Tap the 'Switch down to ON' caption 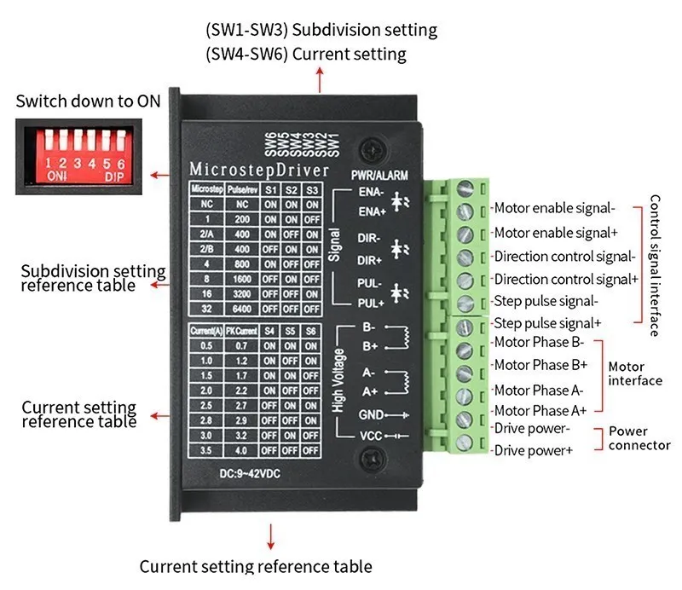pyautogui.click(x=88, y=101)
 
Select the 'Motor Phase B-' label pyautogui.click(x=538, y=343)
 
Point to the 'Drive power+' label pyautogui.click(x=534, y=450)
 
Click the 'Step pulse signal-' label pyautogui.click(x=546, y=300)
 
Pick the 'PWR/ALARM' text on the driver pyautogui.click(x=379, y=175)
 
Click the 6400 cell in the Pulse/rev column pyautogui.click(x=242, y=308)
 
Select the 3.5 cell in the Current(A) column pyautogui.click(x=202, y=450)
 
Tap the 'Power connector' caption pyautogui.click(x=639, y=438)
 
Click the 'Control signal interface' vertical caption pyautogui.click(x=655, y=265)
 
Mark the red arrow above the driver pyautogui.click(x=321, y=81)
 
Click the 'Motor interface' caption pyautogui.click(x=635, y=373)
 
